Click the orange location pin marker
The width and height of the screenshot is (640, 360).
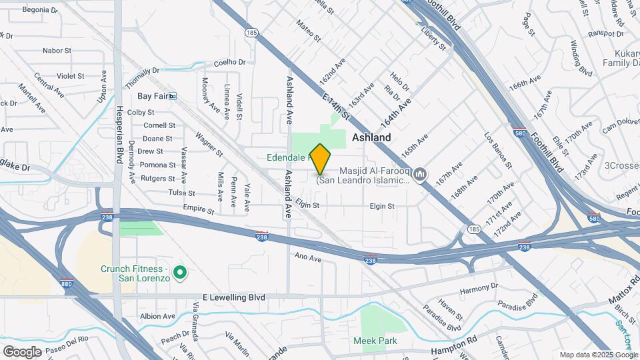click(x=320, y=159)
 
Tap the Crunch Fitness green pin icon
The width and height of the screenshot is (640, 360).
click(x=179, y=273)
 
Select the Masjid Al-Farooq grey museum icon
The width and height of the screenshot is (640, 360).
click(x=419, y=175)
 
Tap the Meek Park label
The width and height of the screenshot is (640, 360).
click(x=375, y=341)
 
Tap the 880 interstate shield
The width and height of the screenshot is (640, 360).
click(x=67, y=282)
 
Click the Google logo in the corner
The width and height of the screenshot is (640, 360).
click(x=23, y=351)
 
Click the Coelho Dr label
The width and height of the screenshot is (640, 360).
click(x=230, y=63)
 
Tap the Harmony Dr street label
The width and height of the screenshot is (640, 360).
click(x=479, y=289)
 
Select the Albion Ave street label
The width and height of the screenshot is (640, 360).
click(x=157, y=316)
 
